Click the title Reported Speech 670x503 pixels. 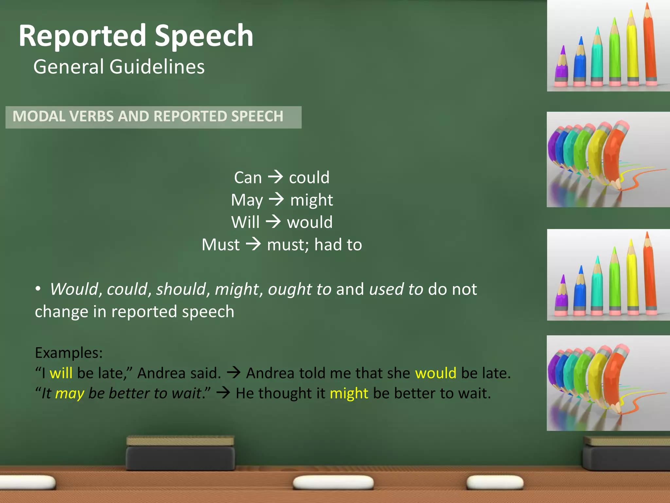136,36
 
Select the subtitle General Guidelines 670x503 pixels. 119,67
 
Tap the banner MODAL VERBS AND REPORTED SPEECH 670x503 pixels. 148,117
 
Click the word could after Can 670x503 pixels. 309,177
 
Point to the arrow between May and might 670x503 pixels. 276,199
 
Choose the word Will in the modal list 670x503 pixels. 245,222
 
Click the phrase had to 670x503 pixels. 338,245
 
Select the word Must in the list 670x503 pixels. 221,245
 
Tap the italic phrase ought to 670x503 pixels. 299,289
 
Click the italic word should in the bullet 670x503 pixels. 181,289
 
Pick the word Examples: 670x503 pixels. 69,353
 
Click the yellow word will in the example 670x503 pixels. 61,373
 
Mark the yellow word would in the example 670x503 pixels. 435,373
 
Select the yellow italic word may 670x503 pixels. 70,393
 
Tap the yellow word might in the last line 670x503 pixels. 349,393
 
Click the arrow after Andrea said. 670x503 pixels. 234,373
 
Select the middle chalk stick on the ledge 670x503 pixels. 333,482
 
